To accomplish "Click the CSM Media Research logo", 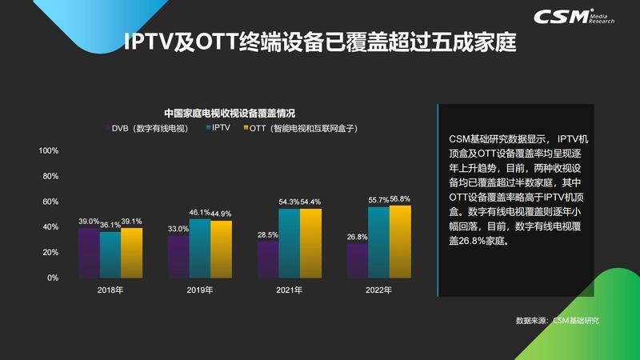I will pyautogui.click(x=587, y=17).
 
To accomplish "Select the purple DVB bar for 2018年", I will pyautogui.click(x=89, y=253).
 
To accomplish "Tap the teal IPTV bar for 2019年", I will pyautogui.click(x=199, y=248).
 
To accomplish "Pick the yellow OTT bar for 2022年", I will pyautogui.click(x=400, y=242).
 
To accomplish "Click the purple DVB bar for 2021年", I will pyautogui.click(x=267, y=259).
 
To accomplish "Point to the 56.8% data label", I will pyautogui.click(x=400, y=199).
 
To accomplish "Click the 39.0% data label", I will pyautogui.click(x=89, y=221).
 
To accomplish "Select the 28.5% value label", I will pyautogui.click(x=267, y=234).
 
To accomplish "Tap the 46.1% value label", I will pyautogui.click(x=198, y=213).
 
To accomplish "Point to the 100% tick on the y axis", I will pyautogui.click(x=49, y=150).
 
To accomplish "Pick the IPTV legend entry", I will pyautogui.click(x=219, y=128).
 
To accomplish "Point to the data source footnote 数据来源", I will pyautogui.click(x=557, y=321).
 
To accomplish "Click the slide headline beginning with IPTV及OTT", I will pyautogui.click(x=320, y=42).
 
